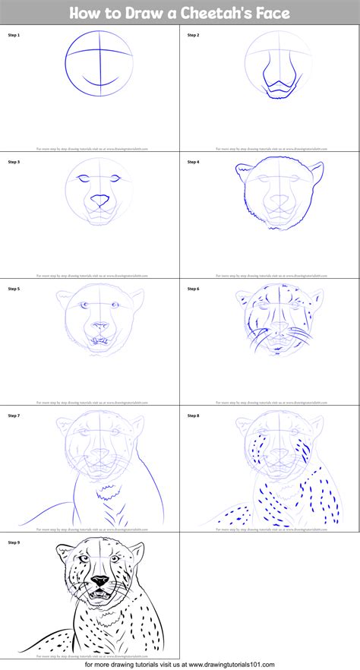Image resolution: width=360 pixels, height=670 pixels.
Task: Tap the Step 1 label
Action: click(14, 35)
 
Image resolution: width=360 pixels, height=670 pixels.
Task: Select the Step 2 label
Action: click(194, 35)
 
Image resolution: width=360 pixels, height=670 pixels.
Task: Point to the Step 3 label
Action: click(14, 162)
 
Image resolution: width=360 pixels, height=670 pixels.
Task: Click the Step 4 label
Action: click(194, 162)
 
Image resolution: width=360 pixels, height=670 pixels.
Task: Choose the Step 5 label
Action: click(14, 289)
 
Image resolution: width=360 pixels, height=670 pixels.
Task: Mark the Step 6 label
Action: click(194, 289)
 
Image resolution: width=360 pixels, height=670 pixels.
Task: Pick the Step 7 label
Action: click(14, 416)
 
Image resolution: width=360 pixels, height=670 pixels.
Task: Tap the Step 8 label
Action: click(194, 416)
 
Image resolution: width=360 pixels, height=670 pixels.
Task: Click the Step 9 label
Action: click(14, 542)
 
